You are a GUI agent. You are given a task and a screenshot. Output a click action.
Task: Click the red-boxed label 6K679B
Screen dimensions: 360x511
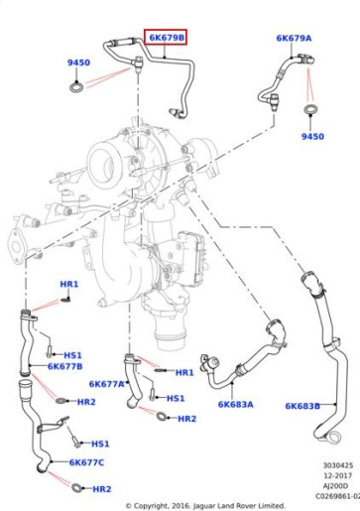[167, 38]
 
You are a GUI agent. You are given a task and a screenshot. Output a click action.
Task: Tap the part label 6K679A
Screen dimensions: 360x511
[294, 38]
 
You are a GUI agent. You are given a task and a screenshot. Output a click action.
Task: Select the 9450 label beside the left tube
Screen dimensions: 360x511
[78, 63]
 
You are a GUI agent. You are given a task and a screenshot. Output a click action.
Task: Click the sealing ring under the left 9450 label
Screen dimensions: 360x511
[76, 87]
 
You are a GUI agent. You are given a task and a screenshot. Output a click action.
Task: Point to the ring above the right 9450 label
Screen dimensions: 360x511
[311, 109]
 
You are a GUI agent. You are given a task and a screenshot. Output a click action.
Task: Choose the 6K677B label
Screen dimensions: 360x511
[65, 366]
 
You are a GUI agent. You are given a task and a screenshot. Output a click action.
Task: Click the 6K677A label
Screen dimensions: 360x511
[106, 384]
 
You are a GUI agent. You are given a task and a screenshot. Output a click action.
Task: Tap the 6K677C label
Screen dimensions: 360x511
[86, 462]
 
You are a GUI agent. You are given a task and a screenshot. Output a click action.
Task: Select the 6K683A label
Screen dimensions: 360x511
[236, 404]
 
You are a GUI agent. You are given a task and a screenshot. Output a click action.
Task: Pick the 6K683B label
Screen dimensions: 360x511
[302, 406]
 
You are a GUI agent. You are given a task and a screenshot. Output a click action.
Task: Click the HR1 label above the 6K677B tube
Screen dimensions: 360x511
[69, 284]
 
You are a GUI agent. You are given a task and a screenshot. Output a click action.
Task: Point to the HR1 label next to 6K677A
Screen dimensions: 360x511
[184, 372]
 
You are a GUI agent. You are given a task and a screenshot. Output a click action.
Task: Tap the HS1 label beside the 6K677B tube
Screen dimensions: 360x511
[72, 355]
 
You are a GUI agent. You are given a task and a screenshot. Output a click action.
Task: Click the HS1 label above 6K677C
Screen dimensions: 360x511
[100, 444]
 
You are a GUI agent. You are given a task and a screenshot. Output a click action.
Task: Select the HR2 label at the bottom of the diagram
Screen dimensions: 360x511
[102, 489]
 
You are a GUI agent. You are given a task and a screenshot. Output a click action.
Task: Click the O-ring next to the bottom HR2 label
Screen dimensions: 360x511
[76, 487]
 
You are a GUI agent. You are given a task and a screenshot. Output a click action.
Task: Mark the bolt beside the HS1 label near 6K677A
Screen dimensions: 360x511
[152, 394]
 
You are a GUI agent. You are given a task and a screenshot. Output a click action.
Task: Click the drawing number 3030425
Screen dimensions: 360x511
[338, 465]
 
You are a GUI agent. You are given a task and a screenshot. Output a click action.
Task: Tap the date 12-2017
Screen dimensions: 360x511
[337, 475]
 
